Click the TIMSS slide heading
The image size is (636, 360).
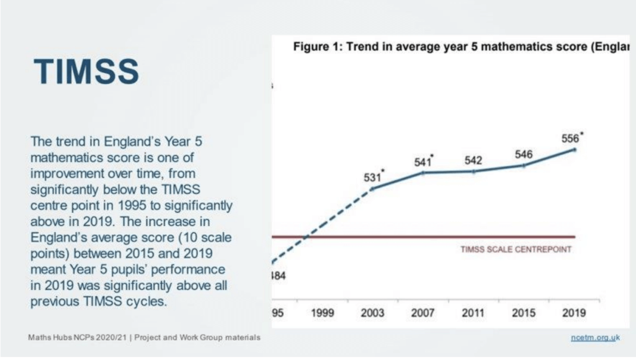86,71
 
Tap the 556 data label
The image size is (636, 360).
570,138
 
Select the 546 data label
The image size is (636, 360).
524,155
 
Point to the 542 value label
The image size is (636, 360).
473,161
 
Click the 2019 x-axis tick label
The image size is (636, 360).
574,313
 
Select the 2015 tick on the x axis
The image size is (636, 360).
524,313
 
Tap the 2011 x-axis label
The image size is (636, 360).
473,313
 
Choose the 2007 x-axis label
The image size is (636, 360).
422,313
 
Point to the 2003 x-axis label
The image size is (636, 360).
373,313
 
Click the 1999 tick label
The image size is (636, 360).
322,313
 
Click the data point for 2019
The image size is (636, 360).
575,150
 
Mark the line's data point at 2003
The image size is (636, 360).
373,189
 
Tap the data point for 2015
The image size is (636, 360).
524,166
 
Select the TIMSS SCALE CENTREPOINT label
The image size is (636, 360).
516,250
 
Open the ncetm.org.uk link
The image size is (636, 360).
596,337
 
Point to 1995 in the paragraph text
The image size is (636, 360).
132,205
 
